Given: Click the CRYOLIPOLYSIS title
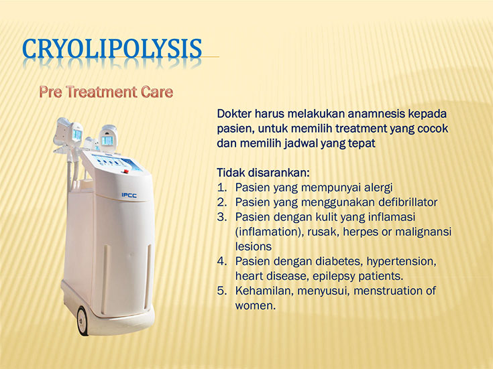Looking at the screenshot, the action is coord(112,49).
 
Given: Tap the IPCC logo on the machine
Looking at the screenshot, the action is coord(129,196).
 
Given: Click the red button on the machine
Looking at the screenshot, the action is coord(126,171).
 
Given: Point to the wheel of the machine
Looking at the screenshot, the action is coord(83,320).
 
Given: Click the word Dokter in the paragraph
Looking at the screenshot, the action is coord(234,114).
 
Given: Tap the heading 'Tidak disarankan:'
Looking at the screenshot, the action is coord(264,173).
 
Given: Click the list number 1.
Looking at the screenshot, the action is coord(221,188).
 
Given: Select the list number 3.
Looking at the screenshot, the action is coord(221,217).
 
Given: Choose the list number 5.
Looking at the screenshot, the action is coord(221,291).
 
